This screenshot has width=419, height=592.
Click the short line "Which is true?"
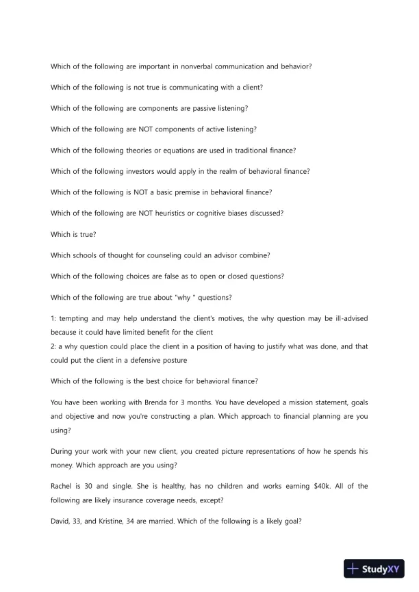pyautogui.click(x=73, y=234)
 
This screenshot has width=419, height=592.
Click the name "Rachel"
pyautogui.click(x=63, y=486)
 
